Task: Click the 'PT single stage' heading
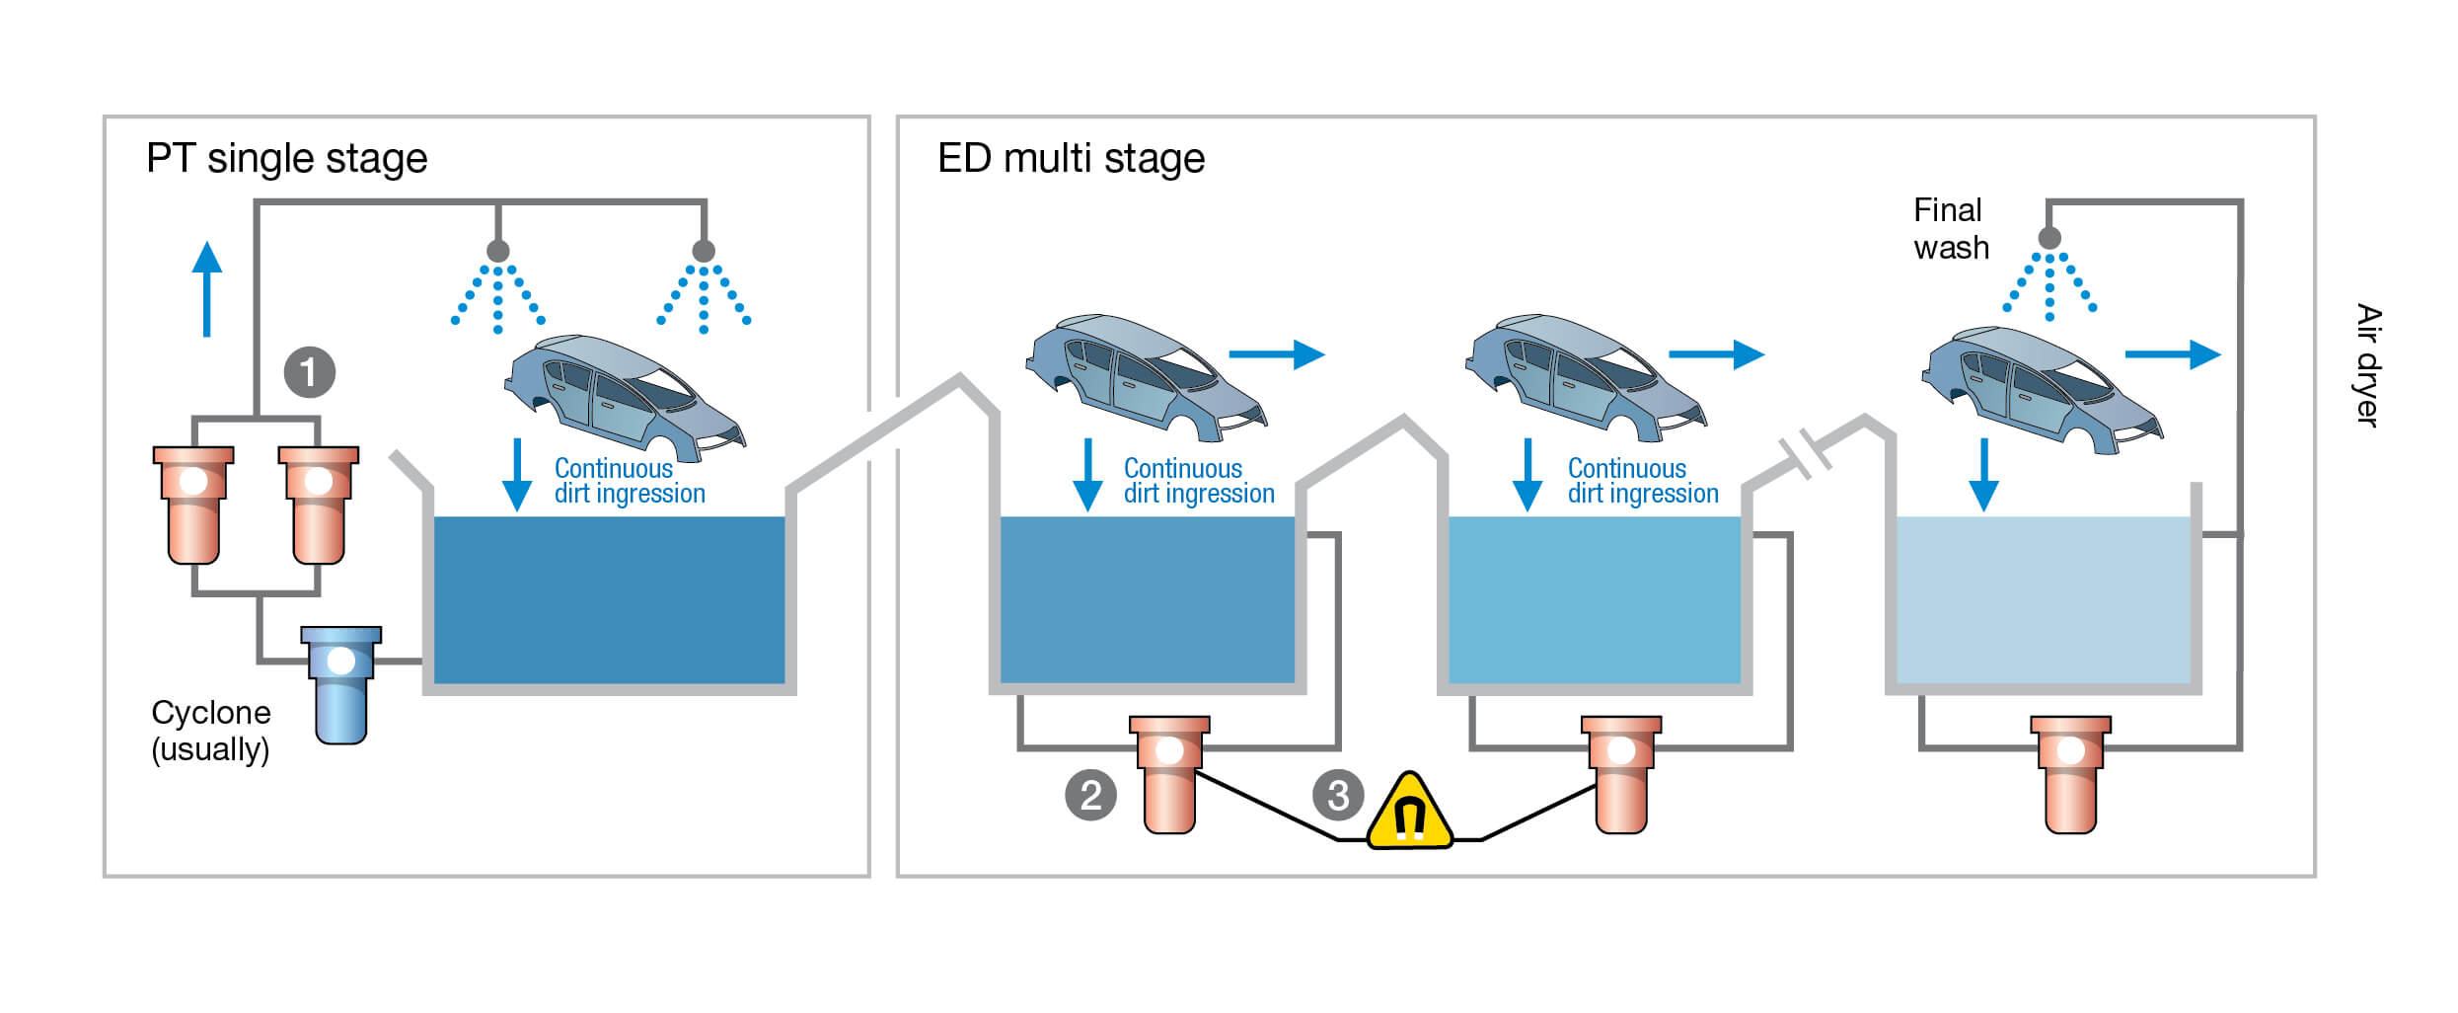[286, 159]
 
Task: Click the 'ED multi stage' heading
[1071, 159]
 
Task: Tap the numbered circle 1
[309, 373]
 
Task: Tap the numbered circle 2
[1090, 795]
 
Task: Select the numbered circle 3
[1338, 795]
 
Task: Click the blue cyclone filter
[340, 683]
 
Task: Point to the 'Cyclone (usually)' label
[210, 731]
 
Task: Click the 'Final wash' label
[1950, 229]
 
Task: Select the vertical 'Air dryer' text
[2368, 365]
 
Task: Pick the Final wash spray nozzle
[2049, 238]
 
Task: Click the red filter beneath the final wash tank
[2070, 774]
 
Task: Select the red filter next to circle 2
[1169, 774]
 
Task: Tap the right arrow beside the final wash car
[2172, 354]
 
